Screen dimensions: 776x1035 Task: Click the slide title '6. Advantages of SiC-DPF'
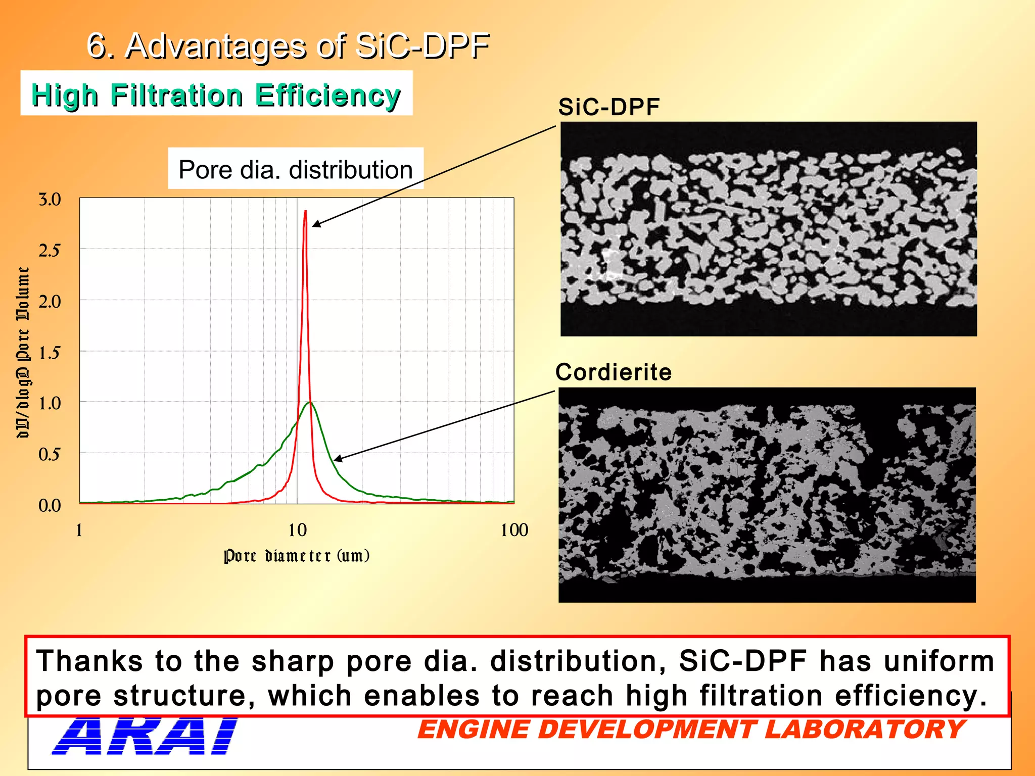point(288,46)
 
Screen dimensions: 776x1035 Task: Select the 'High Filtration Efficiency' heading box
point(216,94)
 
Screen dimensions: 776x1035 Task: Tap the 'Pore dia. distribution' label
point(296,169)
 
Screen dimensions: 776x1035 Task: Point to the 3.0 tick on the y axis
point(50,200)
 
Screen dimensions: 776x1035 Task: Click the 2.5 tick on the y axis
point(50,251)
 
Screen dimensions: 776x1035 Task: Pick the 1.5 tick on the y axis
point(50,353)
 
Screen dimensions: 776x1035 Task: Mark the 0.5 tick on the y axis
point(50,454)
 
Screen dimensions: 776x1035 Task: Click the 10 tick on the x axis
point(298,530)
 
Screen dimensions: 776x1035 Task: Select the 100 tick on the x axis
point(514,530)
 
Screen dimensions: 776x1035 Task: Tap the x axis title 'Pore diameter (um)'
point(297,556)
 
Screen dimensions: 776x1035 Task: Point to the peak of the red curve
point(305,212)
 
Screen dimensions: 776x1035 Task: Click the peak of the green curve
point(310,402)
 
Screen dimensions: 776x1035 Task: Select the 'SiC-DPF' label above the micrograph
point(609,107)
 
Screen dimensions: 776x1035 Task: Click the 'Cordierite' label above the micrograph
point(614,372)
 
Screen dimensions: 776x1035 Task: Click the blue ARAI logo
point(146,737)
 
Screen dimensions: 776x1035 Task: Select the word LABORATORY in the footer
point(865,730)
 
